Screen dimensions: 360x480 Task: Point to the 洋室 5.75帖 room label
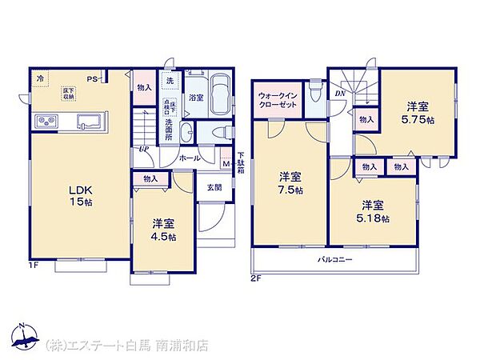coord(418,111)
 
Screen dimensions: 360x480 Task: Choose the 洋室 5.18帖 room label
coord(374,210)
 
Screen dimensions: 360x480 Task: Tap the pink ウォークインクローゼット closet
coord(278,102)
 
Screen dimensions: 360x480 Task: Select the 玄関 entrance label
coord(216,188)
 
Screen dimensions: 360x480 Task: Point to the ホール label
coord(190,158)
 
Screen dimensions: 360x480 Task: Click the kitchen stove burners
coord(44,122)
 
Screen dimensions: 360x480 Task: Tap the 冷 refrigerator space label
coord(41,78)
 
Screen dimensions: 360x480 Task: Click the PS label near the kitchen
coord(92,78)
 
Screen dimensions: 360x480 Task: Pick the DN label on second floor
coord(339,94)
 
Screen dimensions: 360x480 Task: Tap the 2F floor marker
coord(256,278)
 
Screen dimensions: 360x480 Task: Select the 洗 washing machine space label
coord(170,81)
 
